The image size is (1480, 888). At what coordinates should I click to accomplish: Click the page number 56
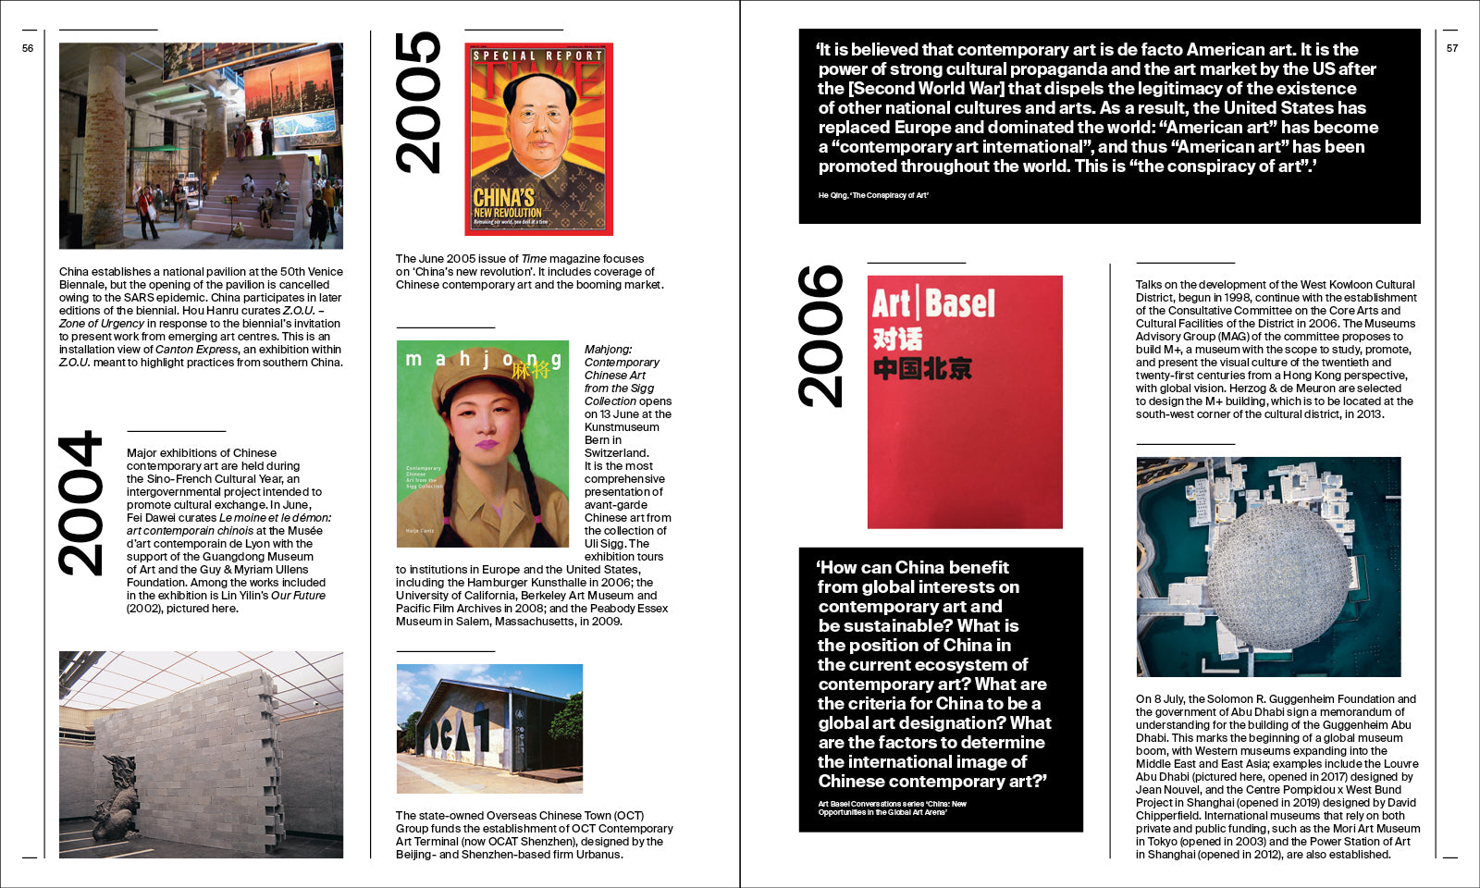tap(28, 48)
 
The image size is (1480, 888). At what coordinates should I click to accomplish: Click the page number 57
tap(1451, 48)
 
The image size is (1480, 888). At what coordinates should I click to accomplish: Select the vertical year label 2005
tap(418, 102)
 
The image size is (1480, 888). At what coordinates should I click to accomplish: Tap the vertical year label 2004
tap(80, 503)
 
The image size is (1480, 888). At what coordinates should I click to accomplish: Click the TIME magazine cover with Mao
tap(538, 139)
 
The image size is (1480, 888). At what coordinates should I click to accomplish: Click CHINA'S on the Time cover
tap(504, 197)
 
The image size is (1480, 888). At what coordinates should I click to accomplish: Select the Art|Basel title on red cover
tap(933, 303)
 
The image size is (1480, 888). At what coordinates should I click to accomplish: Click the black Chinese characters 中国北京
tap(922, 369)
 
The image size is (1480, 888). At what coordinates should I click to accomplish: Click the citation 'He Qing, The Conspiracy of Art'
tap(872, 195)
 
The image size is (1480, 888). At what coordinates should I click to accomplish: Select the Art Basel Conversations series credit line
tap(892, 808)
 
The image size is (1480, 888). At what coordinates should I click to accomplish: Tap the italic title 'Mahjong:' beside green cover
tap(608, 350)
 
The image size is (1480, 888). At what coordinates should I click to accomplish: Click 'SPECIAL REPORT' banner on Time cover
tap(537, 55)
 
